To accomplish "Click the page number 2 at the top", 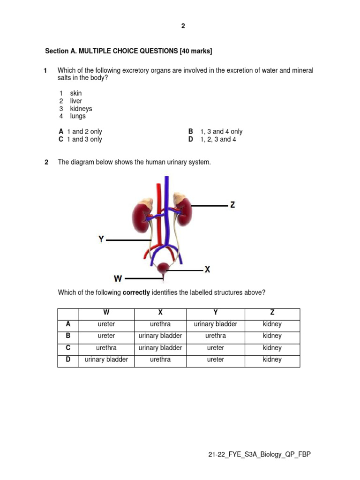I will pyautogui.click(x=183, y=26).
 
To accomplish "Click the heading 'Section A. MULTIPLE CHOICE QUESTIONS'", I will pyautogui.click(x=125, y=51).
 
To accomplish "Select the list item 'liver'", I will pyautogui.click(x=76, y=101).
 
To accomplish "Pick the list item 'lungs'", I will pyautogui.click(x=78, y=116).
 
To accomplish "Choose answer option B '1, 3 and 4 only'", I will pyautogui.click(x=216, y=132).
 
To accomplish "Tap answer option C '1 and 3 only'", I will pyautogui.click(x=80, y=139).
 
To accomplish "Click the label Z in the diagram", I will pyautogui.click(x=232, y=205).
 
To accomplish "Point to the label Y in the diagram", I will pyautogui.click(x=101, y=239).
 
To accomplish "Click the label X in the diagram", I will pyautogui.click(x=207, y=270).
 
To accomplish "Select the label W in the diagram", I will pyautogui.click(x=118, y=278).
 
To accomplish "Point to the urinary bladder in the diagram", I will pyautogui.click(x=163, y=269).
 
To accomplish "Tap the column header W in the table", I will pyautogui.click(x=106, y=313).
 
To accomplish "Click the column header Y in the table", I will pyautogui.click(x=215, y=313).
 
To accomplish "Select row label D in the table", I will pyautogui.click(x=68, y=360).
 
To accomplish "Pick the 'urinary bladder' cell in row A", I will pyautogui.click(x=215, y=324).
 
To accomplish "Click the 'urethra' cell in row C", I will pyautogui.click(x=106, y=348).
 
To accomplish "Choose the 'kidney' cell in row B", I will pyautogui.click(x=272, y=336).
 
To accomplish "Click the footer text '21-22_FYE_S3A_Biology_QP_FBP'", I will pyautogui.click(x=259, y=455).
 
